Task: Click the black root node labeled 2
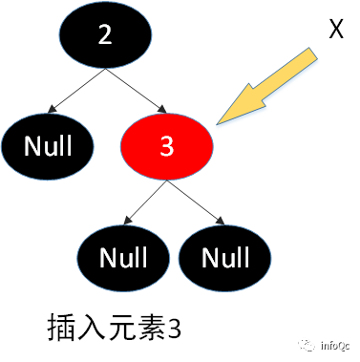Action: coord(105,35)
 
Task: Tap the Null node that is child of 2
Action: coord(48,145)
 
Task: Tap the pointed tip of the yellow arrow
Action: coord(219,122)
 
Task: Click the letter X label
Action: coord(335,32)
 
